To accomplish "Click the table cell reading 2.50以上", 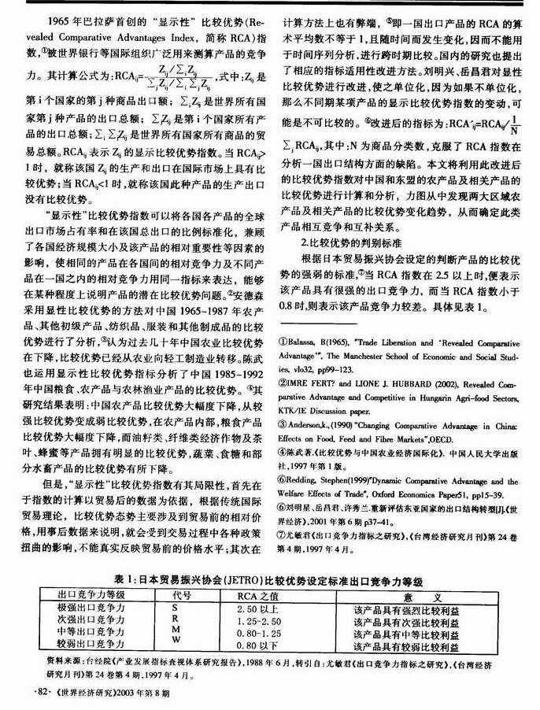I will click(x=260, y=609).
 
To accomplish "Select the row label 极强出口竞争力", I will click(x=91, y=609).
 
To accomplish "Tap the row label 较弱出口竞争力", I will click(x=91, y=645).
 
